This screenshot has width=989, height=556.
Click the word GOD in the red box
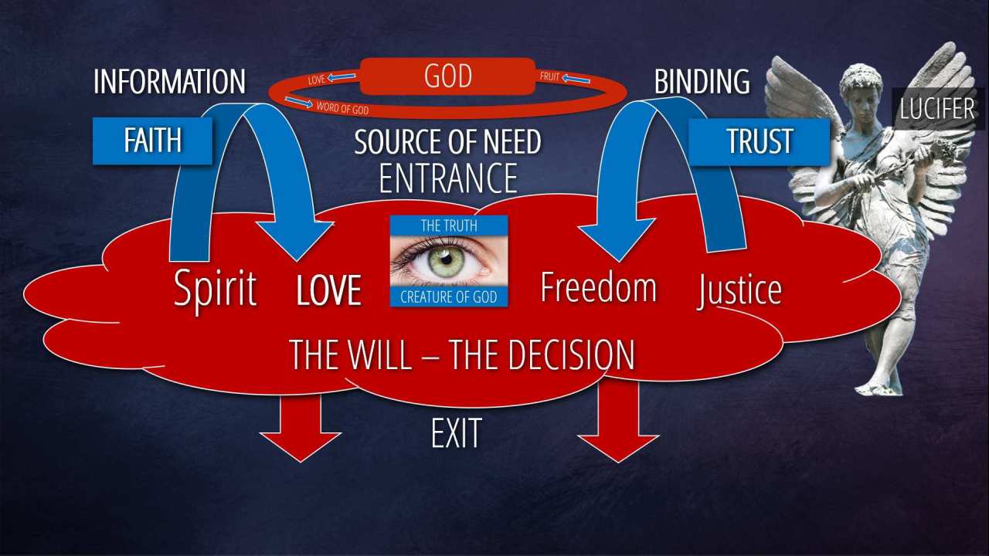click(x=447, y=77)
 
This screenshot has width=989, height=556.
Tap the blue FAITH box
click(x=152, y=141)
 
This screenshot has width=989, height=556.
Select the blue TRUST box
click(x=760, y=141)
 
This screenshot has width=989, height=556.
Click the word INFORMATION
click(x=169, y=82)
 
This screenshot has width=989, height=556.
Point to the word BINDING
click(x=702, y=82)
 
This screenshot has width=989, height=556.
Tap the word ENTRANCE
click(x=448, y=178)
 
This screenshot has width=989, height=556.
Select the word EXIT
click(x=456, y=433)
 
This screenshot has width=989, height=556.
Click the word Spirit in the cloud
click(x=215, y=289)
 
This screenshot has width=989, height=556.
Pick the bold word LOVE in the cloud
click(x=329, y=290)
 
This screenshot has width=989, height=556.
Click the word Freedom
click(x=598, y=287)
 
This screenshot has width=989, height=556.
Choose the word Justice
click(x=739, y=290)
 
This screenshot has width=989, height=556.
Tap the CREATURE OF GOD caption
click(x=448, y=297)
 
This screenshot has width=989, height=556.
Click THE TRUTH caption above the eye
click(x=448, y=225)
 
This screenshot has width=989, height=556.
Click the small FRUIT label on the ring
click(x=549, y=77)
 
